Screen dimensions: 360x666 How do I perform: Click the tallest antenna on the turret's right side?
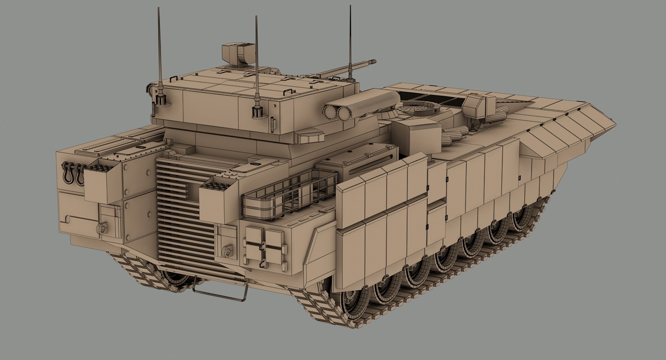(350, 42)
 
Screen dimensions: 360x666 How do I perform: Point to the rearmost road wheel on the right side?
(350, 305)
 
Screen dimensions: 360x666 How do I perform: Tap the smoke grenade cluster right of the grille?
(215, 187)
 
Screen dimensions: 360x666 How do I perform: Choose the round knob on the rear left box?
(102, 228)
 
